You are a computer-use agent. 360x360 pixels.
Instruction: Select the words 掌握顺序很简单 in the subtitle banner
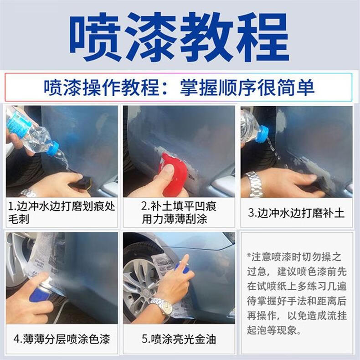(x=247, y=87)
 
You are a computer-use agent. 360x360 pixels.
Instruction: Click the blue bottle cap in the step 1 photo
(x=52, y=149)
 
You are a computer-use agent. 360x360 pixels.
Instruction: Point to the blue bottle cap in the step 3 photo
(x=262, y=134)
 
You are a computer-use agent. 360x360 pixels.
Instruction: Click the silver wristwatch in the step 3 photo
(x=254, y=185)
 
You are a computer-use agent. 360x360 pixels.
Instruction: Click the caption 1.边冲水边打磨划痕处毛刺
(x=62, y=212)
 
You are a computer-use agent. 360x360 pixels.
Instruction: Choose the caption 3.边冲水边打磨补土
(x=296, y=213)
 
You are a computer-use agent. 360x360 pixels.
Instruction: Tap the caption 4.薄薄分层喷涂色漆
(x=62, y=339)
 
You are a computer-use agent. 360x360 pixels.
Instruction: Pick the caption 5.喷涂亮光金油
(x=179, y=339)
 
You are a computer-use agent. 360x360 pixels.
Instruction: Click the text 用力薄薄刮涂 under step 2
(x=175, y=219)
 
